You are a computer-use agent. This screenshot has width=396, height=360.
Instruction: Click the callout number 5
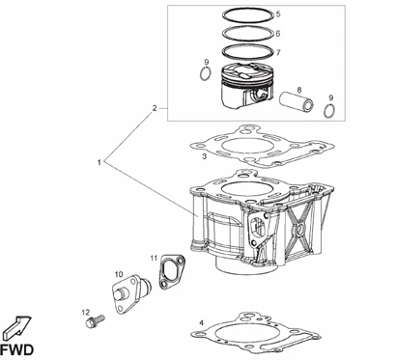278,14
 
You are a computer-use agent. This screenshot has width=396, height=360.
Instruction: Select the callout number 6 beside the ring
278,33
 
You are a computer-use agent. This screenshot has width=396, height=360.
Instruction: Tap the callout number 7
278,52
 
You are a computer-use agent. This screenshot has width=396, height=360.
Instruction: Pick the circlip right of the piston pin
329,111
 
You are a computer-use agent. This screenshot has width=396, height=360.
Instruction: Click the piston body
246,85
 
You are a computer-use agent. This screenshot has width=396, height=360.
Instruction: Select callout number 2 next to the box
155,108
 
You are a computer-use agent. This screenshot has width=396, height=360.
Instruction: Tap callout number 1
99,162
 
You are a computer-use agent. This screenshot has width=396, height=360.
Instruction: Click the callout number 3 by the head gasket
204,156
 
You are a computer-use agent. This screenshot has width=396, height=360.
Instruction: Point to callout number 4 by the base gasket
202,322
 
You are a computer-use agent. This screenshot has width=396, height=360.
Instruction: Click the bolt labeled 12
96,320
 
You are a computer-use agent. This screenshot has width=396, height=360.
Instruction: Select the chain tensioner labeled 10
131,293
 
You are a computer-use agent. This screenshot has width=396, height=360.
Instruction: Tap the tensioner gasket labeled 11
172,271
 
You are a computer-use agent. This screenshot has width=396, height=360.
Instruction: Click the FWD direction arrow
17,326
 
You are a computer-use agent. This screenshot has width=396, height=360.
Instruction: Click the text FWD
16,349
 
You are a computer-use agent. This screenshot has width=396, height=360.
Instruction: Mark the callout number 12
85,312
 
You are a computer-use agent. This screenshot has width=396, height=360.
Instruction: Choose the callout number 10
119,274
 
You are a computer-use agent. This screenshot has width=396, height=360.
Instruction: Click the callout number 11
154,258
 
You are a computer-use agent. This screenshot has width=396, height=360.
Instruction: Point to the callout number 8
299,90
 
